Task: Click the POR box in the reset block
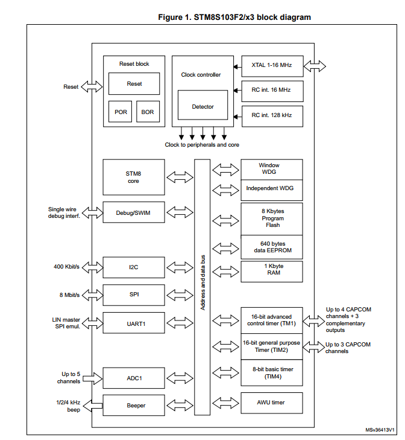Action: (121, 112)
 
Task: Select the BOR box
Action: (148, 112)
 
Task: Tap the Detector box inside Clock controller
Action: (202, 107)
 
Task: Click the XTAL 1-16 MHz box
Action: (272, 65)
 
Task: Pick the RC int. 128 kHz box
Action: (272, 114)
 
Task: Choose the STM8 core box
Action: (133, 176)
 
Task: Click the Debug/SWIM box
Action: (133, 212)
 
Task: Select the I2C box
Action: (133, 266)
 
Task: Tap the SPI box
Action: (133, 295)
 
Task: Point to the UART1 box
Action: (133, 323)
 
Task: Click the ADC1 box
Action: (133, 378)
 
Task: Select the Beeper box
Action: (133, 405)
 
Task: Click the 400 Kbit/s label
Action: (67, 266)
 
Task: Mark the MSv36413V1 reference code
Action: (379, 430)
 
